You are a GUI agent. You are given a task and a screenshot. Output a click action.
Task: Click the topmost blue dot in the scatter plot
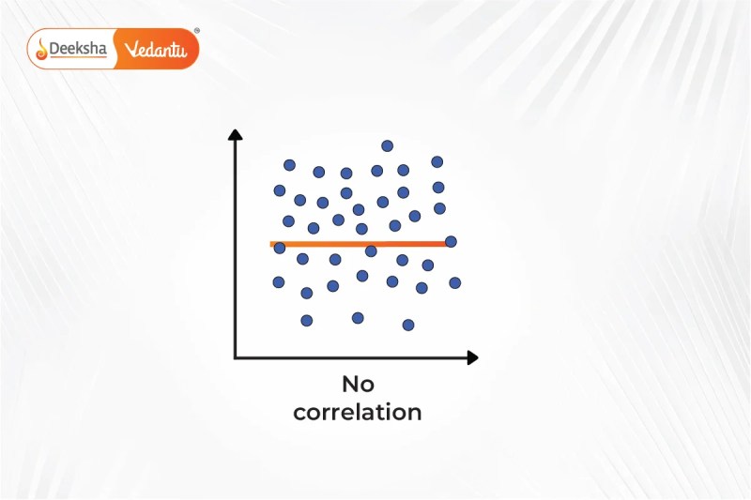388,146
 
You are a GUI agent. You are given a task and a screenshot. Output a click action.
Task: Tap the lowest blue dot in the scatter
408,326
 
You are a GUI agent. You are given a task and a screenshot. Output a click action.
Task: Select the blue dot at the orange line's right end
451,242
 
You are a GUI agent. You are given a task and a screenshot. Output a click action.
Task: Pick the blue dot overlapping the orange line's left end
280,248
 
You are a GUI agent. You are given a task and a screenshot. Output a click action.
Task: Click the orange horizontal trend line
360,244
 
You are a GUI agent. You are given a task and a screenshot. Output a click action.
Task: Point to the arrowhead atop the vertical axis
236,134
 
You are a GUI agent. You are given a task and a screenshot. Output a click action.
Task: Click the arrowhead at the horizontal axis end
473,357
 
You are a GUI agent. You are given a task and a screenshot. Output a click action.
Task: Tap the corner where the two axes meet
236,357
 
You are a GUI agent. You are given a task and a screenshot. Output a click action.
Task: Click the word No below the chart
359,385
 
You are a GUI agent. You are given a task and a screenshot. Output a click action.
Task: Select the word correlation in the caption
358,413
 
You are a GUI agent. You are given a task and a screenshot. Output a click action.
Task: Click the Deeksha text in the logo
78,49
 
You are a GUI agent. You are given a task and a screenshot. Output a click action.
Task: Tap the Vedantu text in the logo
155,49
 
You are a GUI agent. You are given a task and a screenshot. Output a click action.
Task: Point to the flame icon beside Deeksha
42,50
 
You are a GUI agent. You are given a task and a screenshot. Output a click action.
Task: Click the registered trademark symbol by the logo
197,31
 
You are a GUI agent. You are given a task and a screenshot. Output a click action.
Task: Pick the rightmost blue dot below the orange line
455,282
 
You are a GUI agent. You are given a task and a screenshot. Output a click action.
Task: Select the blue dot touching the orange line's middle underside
371,250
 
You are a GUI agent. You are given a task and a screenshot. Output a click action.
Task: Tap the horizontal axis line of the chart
351,357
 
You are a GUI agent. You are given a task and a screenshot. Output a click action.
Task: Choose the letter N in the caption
350,385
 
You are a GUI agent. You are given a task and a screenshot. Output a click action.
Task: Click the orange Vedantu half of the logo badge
157,49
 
